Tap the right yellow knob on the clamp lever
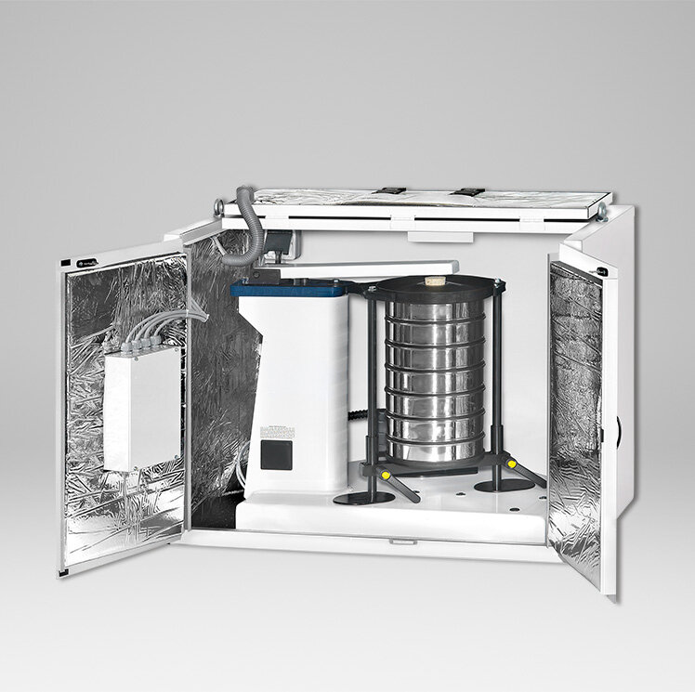point(511,462)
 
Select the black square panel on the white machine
point(276,453)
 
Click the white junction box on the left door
point(141,408)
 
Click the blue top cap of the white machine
point(288,290)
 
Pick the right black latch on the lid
point(469,191)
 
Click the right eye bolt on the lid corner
point(602,212)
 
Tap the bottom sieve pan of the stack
point(435,450)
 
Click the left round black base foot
point(363,498)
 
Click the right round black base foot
point(504,484)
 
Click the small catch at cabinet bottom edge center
point(401,541)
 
